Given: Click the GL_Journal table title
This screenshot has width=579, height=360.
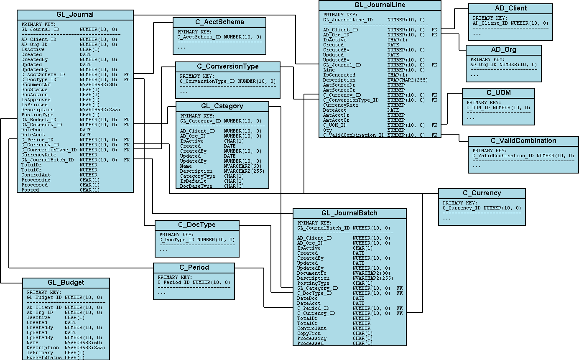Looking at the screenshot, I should point(75,15).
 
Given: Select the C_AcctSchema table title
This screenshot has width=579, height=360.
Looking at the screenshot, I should point(219,22).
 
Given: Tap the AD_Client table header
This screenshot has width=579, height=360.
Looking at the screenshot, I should point(510,8).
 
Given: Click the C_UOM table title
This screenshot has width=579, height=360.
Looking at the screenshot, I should point(498,92).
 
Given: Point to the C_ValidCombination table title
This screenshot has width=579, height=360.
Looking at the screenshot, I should point(523,140).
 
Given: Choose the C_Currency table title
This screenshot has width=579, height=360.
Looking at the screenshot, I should point(482,193).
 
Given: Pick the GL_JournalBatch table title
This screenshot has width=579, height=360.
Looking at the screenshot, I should point(349,213).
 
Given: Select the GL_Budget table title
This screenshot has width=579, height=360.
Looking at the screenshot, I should point(66,282).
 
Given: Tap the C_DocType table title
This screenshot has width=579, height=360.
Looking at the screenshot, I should point(197,225).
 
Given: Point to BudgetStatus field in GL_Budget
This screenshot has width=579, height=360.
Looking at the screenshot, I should point(44,357).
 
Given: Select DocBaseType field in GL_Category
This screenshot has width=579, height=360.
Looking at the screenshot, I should point(196,186).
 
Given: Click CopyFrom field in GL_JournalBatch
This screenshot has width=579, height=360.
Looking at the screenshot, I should point(309,333).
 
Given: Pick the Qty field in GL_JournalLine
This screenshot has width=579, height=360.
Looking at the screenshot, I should point(327,130).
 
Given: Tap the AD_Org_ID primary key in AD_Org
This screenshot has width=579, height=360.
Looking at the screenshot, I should point(484,64).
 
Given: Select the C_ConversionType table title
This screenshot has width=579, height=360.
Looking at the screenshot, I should point(227,66).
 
